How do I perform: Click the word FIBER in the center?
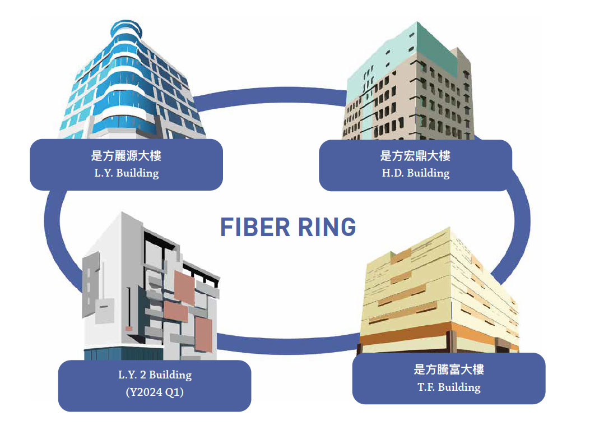pyautogui.click(x=255, y=227)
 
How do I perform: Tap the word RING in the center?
pyautogui.click(x=327, y=227)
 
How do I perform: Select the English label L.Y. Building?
pyautogui.click(x=127, y=173)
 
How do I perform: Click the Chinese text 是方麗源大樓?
pyautogui.click(x=126, y=156)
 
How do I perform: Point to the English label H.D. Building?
pyautogui.click(x=416, y=173)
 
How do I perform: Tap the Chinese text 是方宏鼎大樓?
pyautogui.click(x=415, y=156)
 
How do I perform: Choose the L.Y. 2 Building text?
pyautogui.click(x=155, y=375)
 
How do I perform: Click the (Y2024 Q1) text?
pyautogui.click(x=155, y=392)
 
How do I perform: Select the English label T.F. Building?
pyautogui.click(x=449, y=387)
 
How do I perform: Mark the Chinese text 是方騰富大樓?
pyautogui.click(x=449, y=369)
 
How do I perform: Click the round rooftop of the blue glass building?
pyautogui.click(x=127, y=29)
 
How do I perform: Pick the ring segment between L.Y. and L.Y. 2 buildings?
pyautogui.click(x=53, y=233)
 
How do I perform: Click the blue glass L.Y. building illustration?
pyautogui.click(x=132, y=81)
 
